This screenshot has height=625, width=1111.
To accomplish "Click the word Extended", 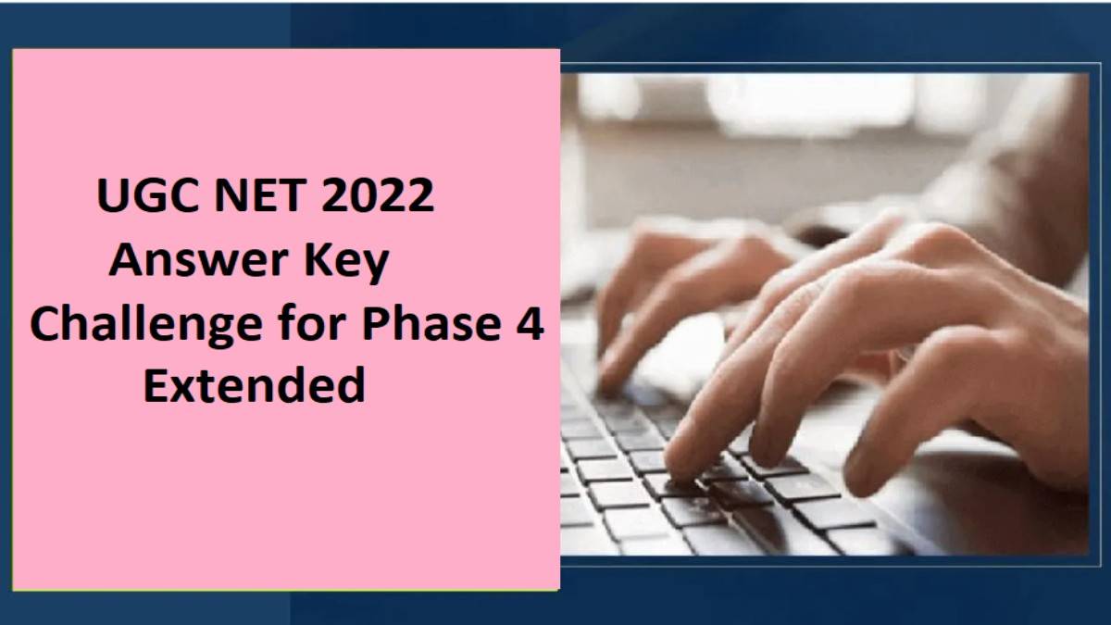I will pyautogui.click(x=254, y=384).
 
